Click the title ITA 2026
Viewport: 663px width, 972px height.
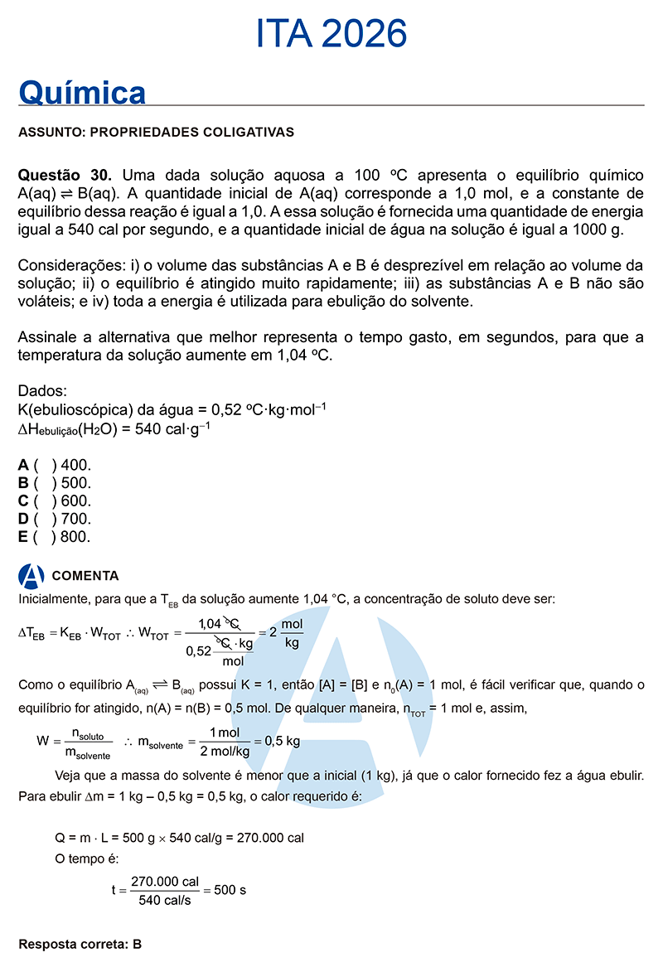point(331,34)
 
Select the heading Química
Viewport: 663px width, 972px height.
point(82,93)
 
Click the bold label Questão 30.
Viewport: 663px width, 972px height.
point(65,176)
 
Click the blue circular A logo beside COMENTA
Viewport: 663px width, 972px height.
point(31,576)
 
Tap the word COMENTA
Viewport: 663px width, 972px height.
point(85,576)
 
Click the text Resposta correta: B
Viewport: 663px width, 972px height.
point(80,944)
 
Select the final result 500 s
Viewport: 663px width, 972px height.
point(230,891)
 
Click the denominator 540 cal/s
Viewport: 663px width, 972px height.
point(165,901)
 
